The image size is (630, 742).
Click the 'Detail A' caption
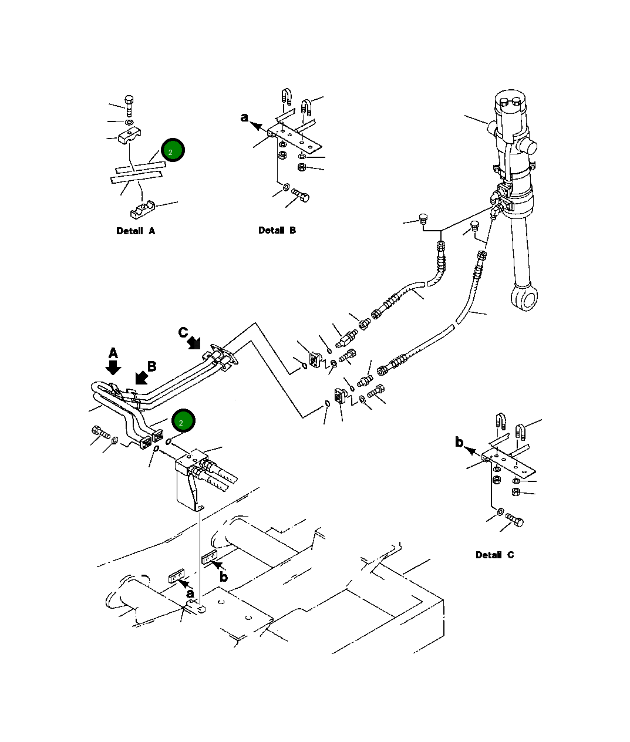point(136,231)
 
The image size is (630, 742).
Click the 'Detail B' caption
point(277,230)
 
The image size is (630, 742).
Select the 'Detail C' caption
point(495,555)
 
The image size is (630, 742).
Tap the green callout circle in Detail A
point(173,150)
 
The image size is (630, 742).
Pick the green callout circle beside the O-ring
point(183,421)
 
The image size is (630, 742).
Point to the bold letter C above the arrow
point(183,333)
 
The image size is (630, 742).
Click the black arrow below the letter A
point(113,367)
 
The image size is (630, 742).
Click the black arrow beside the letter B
point(142,377)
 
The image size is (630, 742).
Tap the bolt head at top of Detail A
point(129,99)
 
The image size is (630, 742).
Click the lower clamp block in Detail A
point(142,210)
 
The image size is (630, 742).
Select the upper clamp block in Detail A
point(129,136)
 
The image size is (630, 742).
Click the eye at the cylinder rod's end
point(525,297)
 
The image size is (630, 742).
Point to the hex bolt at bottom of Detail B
point(301,195)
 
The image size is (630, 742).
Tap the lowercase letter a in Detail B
point(244,117)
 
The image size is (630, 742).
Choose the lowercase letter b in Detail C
point(459,441)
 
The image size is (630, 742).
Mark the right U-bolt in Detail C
point(520,433)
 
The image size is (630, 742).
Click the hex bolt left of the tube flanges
point(101,432)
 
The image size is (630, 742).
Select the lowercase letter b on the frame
point(224,576)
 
